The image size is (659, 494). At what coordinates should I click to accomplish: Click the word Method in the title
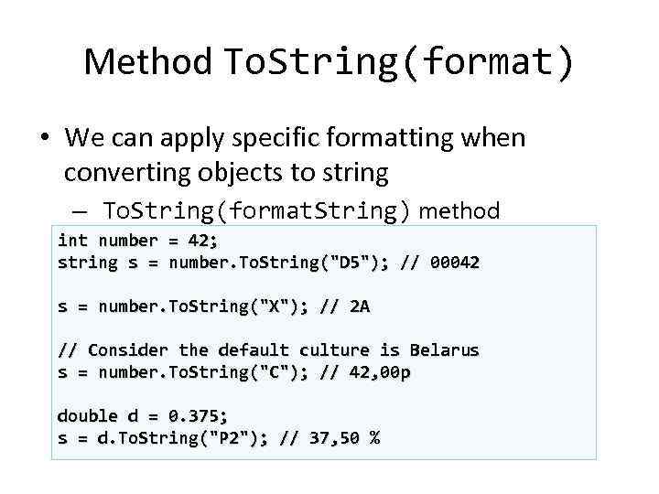147,62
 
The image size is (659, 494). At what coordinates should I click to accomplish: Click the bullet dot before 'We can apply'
44,139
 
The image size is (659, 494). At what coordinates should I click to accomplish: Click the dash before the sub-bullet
77,211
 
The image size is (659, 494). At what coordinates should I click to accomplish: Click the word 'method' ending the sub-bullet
459,211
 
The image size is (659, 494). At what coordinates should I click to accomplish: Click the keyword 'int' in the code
72,241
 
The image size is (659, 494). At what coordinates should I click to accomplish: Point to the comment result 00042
455,263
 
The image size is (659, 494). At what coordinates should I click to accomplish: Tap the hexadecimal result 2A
359,306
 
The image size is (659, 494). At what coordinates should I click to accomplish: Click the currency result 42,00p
379,372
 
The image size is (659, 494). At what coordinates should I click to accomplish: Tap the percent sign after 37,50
374,438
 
